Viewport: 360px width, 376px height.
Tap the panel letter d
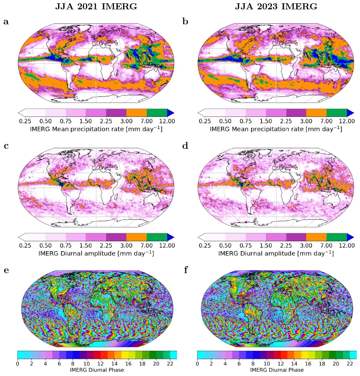click(x=186, y=145)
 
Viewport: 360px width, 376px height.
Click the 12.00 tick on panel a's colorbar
click(x=167, y=121)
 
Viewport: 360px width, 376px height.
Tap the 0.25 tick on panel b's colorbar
click(x=205, y=121)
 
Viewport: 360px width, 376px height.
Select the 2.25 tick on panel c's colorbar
click(x=106, y=245)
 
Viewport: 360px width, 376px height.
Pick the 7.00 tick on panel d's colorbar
click(x=327, y=245)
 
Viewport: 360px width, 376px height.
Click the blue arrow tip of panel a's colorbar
click(x=171, y=112)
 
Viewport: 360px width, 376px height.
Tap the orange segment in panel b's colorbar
click(x=316, y=112)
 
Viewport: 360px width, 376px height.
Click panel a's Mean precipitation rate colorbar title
click(x=96, y=129)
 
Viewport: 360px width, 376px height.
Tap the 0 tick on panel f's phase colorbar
click(x=197, y=364)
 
